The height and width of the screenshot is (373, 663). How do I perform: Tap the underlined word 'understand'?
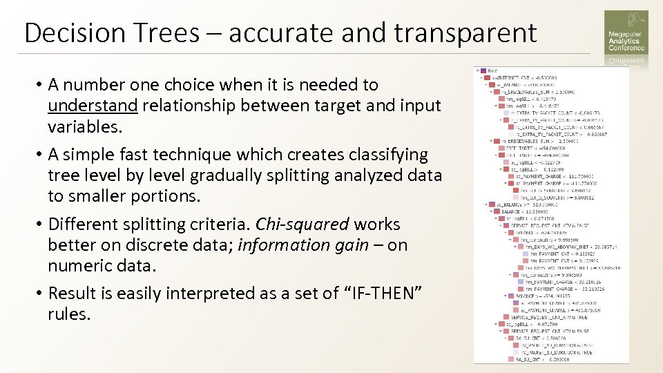tap(93, 106)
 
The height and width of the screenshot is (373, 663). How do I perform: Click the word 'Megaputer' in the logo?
tap(624, 35)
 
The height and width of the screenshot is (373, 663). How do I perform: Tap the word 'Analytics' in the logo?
tap(623, 41)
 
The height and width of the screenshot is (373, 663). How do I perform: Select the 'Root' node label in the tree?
tap(492, 70)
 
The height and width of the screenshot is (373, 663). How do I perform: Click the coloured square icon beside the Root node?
tap(483, 70)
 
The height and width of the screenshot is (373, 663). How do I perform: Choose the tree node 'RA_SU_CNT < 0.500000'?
tap(543, 359)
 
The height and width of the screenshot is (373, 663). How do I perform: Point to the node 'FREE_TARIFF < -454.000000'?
tap(532, 149)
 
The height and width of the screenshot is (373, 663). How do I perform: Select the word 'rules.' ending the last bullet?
tap(69, 314)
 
